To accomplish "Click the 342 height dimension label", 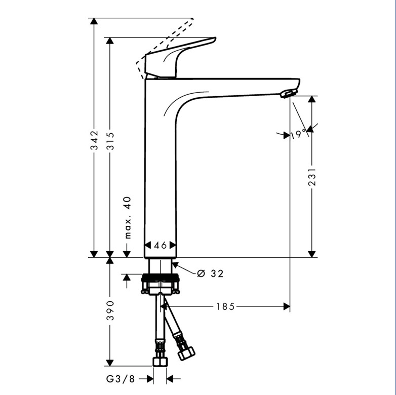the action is pos(95,140).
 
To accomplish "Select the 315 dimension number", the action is pos(110,141).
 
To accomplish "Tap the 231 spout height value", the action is pos(312,177).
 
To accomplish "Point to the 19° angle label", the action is pos(298,135).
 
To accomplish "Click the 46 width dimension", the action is pos(161,245).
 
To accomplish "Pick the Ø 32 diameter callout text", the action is pos(210,273).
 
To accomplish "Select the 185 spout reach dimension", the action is pos(225,306).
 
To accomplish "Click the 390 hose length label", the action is pos(110,310).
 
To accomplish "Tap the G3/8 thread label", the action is pos(121,379).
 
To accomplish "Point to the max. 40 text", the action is pos(128,217).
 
